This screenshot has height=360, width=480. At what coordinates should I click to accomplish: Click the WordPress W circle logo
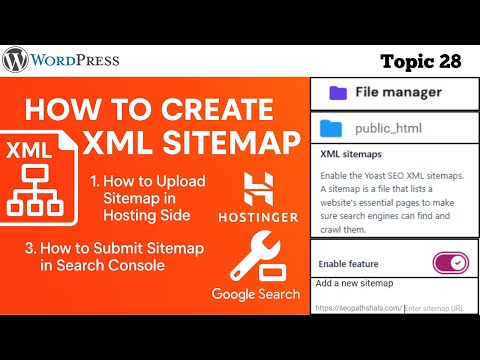16,61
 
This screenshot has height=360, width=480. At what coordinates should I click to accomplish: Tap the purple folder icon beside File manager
338,92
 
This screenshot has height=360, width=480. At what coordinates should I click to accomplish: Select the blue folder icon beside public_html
333,128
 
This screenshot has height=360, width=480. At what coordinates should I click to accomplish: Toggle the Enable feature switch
450,263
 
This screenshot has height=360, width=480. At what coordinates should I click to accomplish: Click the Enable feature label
348,263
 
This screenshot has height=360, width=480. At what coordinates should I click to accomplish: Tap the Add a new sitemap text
356,284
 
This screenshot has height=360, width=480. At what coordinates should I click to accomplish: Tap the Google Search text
256,295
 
